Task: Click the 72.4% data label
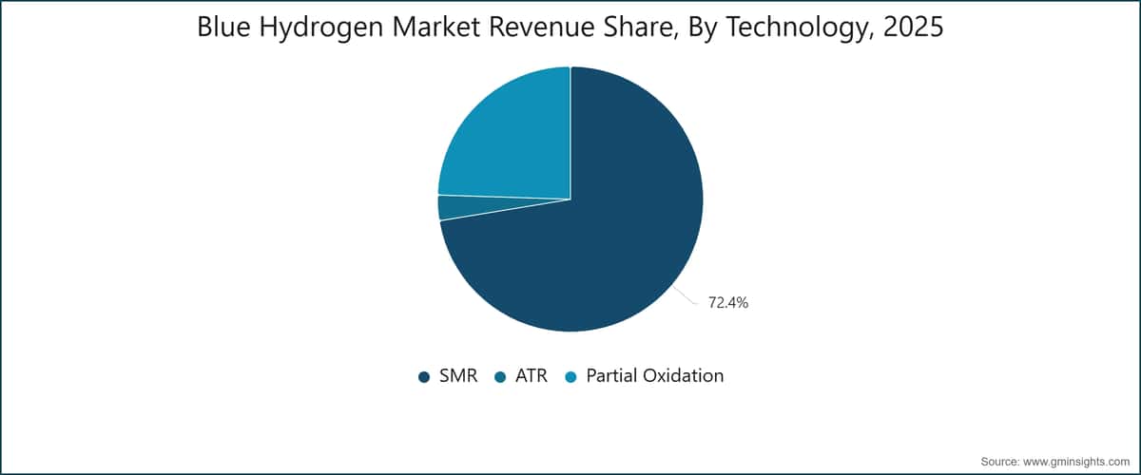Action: (728, 303)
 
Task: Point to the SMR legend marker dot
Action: (424, 377)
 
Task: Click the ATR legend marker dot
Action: (500, 377)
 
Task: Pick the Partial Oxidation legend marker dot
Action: (571, 377)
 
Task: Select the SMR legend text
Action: (458, 375)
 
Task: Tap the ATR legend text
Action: (532, 375)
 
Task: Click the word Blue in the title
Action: (223, 27)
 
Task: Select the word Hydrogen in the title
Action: (321, 28)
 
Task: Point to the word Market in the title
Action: (435, 27)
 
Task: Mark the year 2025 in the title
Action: (914, 27)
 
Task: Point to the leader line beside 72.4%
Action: (686, 295)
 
